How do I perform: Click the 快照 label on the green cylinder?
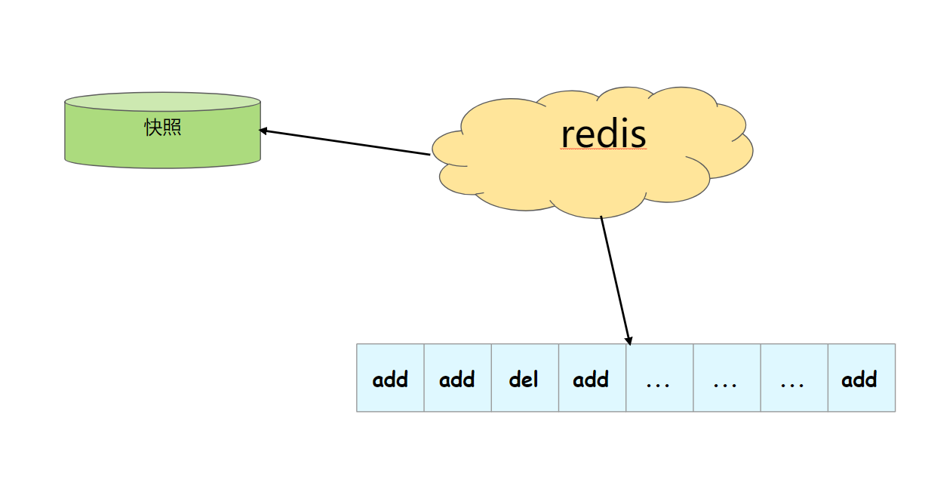click(162, 128)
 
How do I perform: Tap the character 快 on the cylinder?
click(153, 128)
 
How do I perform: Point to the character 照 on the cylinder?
click(172, 128)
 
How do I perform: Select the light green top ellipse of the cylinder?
click(163, 102)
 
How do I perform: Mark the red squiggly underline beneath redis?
click(604, 148)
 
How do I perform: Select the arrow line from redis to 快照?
click(345, 143)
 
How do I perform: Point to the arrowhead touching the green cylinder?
click(263, 131)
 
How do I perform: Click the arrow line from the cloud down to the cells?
click(616, 281)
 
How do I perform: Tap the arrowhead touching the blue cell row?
click(629, 341)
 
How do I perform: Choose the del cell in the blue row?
click(525, 377)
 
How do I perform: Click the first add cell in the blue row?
click(390, 377)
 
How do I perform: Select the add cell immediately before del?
click(457, 377)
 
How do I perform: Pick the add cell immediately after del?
click(592, 377)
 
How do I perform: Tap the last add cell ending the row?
click(862, 377)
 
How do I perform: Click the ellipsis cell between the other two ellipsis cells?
click(727, 377)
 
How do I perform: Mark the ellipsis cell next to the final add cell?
click(794, 377)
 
